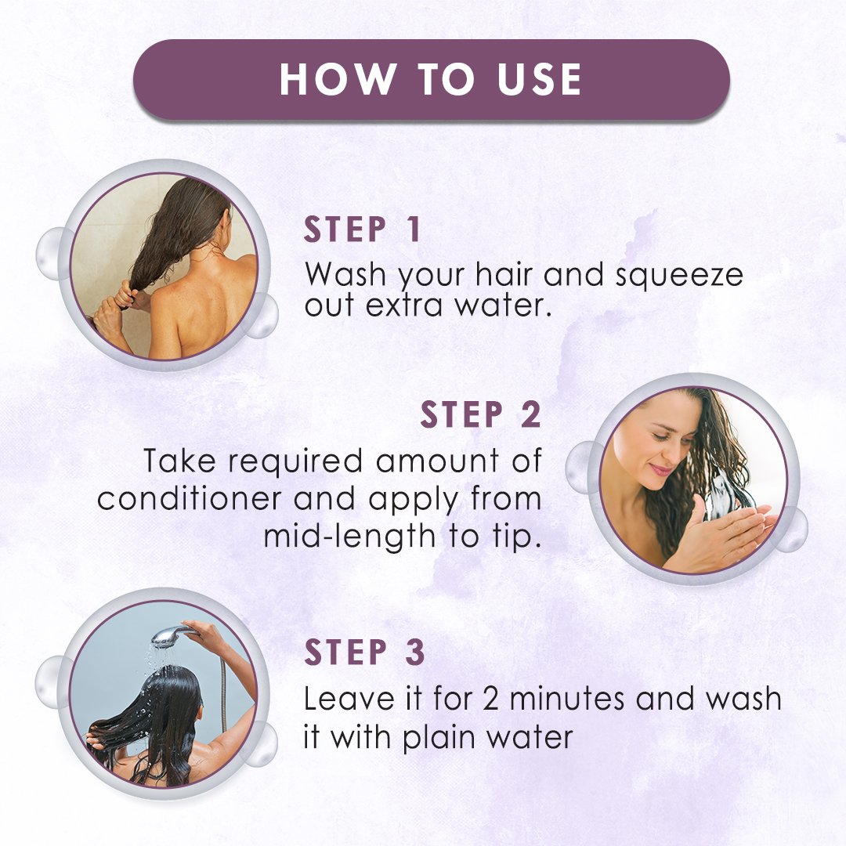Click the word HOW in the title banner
point(337,79)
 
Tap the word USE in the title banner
point(538,79)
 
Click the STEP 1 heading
point(362,230)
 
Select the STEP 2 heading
point(480,414)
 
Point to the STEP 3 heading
point(364,652)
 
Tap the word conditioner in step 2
point(190,498)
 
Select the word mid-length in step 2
point(349,537)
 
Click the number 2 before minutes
point(490,699)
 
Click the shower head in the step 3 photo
point(171,637)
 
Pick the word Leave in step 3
point(349,699)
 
